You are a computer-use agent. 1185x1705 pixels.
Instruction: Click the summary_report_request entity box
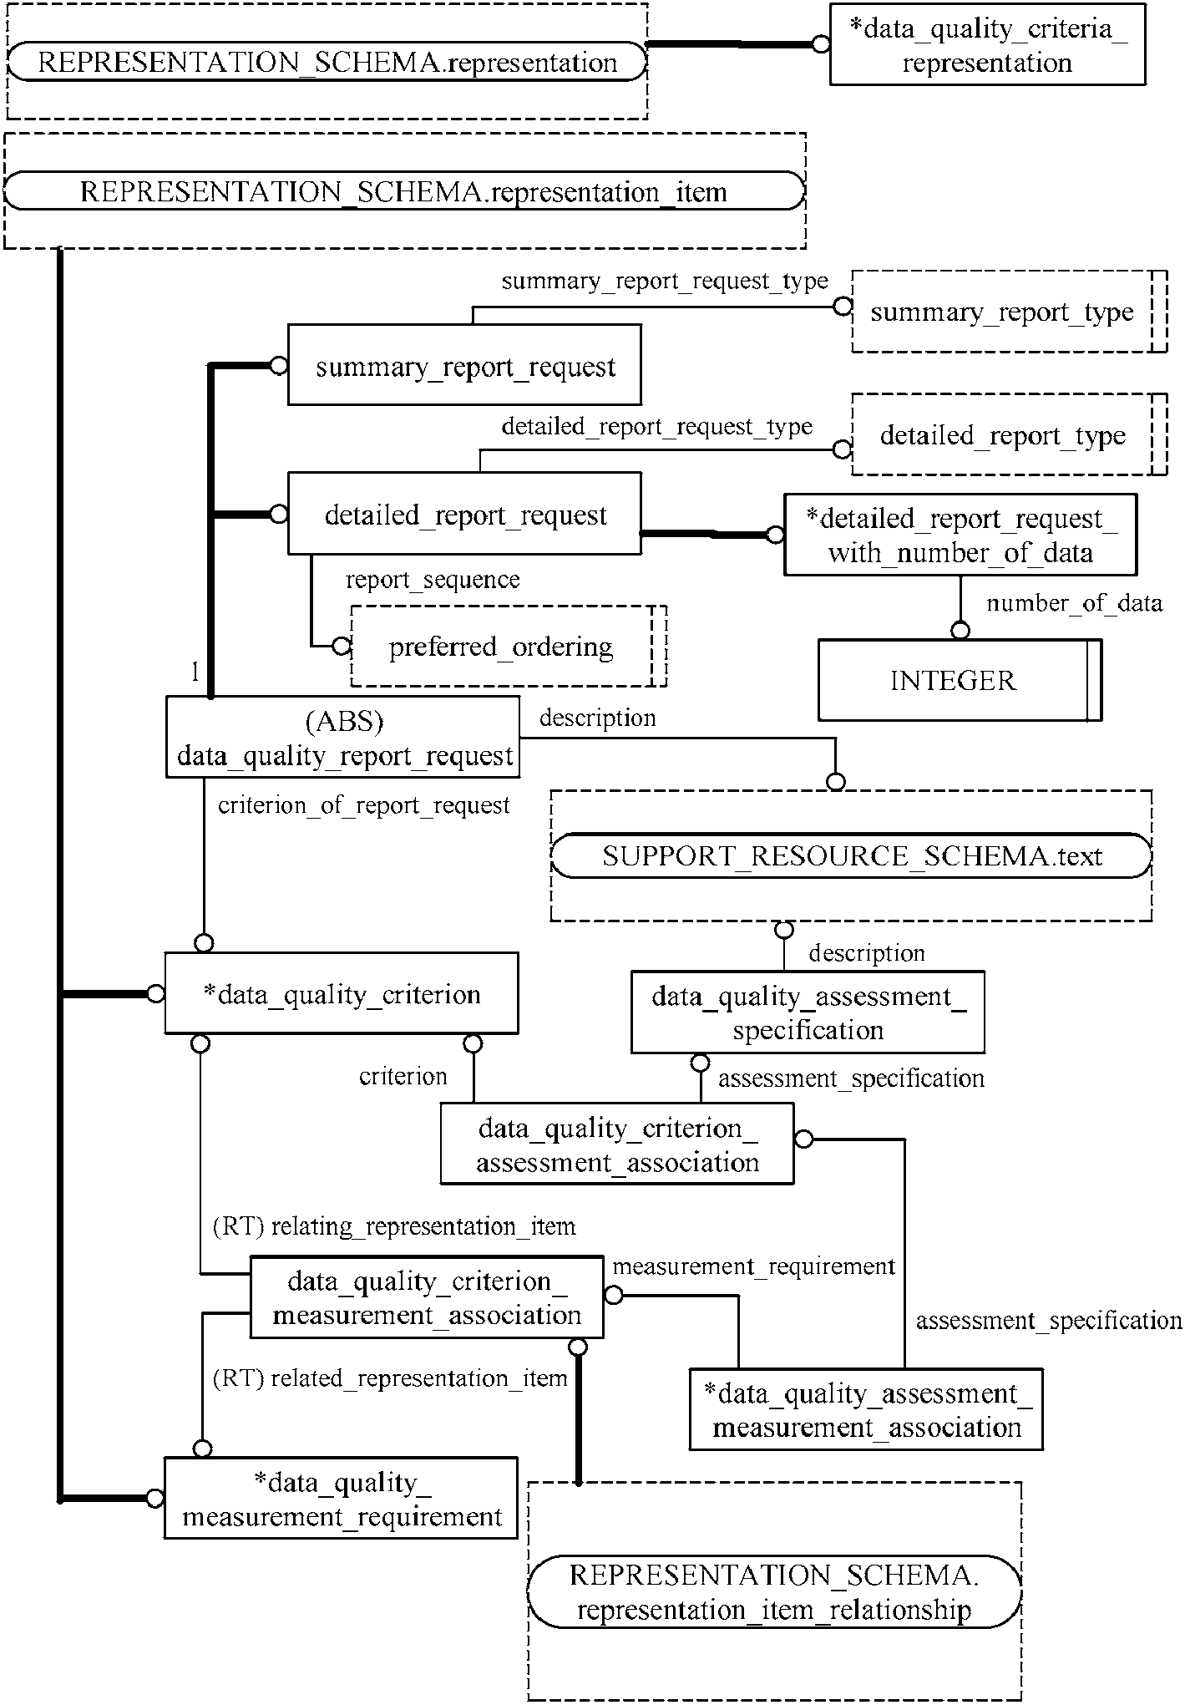pos(464,365)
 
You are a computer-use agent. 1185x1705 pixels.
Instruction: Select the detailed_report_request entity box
pos(464,513)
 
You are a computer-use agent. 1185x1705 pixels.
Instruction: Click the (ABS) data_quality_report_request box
pos(342,738)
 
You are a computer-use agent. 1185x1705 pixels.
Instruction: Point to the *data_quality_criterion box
pos(341,993)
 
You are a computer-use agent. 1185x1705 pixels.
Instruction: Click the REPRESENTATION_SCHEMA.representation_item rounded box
pos(403,191)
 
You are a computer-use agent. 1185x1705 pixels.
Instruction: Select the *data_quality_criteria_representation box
pos(987,44)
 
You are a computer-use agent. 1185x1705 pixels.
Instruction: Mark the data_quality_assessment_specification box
pos(808,1012)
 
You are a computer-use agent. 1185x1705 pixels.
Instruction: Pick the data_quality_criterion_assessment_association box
pos(616,1144)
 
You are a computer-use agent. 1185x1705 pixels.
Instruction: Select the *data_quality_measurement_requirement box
pos(341,1498)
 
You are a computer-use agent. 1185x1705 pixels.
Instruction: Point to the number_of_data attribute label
pos(1074,603)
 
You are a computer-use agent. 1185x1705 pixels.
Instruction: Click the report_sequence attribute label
pos(433,580)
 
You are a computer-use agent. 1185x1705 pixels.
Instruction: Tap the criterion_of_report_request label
pos(363,805)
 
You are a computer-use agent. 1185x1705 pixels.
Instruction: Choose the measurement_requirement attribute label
pos(754,1266)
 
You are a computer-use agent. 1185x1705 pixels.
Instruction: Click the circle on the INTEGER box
pos(960,631)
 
